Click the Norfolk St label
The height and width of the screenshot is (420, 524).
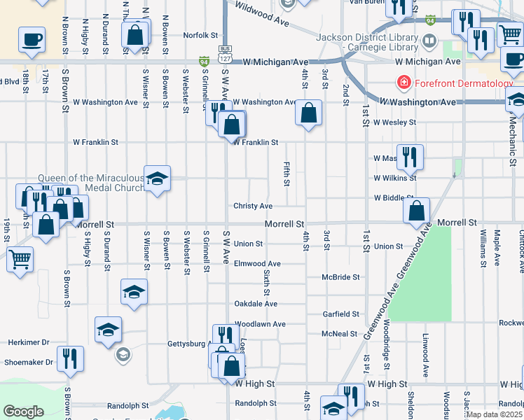[201, 35]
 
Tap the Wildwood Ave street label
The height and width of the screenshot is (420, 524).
[263, 14]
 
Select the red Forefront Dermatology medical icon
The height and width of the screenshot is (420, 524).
[404, 83]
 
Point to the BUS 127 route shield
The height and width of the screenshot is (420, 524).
[224, 49]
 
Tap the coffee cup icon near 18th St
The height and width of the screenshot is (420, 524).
[32, 39]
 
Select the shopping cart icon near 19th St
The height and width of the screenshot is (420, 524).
[20, 259]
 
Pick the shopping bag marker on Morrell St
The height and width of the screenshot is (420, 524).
[418, 209]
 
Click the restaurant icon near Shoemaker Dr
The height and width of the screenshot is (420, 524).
[70, 358]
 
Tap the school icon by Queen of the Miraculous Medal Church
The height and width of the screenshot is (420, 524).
[158, 178]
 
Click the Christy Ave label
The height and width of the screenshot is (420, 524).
[253, 206]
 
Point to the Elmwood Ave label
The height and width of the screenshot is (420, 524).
[257, 264]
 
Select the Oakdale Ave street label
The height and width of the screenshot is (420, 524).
[256, 304]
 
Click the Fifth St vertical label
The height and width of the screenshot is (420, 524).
[287, 174]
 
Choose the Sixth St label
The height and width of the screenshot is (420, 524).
[267, 281]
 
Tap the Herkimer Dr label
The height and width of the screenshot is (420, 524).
[29, 342]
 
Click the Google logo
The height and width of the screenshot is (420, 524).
[24, 412]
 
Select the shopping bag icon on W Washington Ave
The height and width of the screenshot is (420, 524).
[308, 112]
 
